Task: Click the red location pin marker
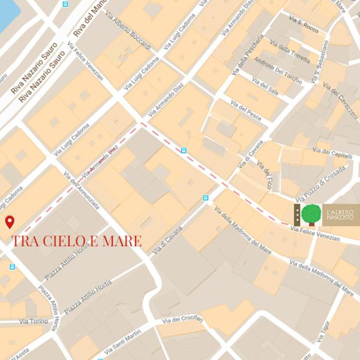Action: tap(10, 222)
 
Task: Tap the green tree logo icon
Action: tap(310, 215)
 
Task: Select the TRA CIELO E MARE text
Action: tap(77, 241)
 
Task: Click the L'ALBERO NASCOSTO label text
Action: tap(340, 214)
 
